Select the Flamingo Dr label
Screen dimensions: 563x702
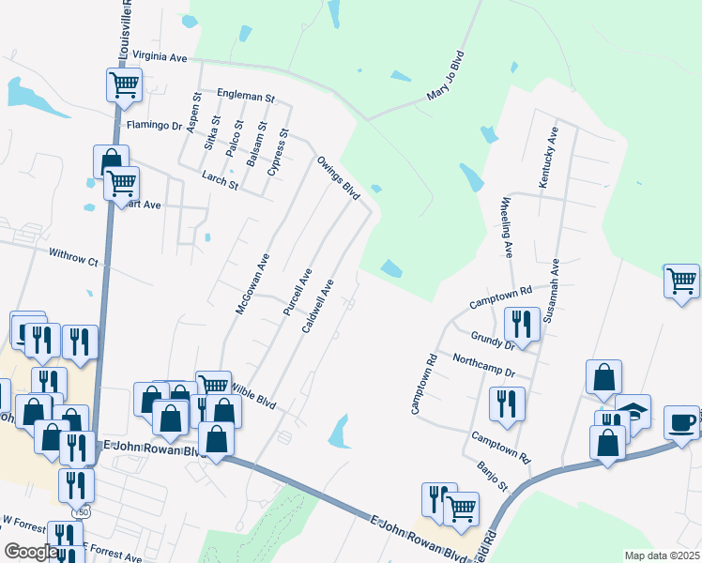click(x=153, y=123)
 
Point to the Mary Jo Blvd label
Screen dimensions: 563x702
click(x=445, y=75)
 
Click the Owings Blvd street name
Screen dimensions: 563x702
click(x=338, y=177)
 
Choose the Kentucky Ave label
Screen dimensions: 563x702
click(x=548, y=157)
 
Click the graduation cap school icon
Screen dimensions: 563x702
click(x=633, y=410)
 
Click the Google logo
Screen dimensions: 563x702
click(x=31, y=552)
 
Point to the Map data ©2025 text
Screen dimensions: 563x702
click(x=662, y=555)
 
